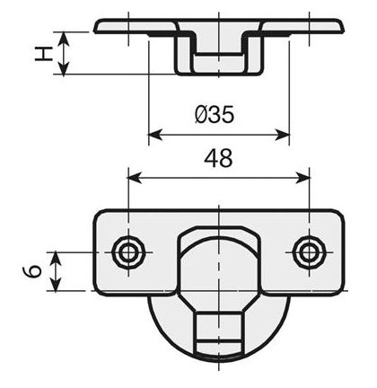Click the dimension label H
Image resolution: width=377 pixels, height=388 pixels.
pos(41,54)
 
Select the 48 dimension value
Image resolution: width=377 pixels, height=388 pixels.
pos(218,158)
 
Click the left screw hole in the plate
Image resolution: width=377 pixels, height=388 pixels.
pos(127,251)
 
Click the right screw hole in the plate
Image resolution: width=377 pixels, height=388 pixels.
pos(310,251)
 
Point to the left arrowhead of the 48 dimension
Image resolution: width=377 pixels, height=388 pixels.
pos(134,177)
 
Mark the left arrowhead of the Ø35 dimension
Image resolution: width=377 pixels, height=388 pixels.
pos(153,136)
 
